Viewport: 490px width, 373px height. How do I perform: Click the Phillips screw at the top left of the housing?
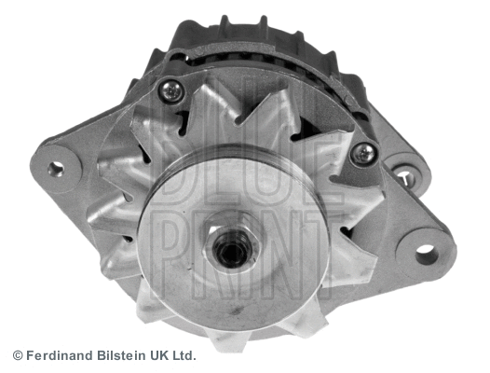(171, 90)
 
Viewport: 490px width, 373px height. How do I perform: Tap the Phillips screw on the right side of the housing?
(363, 154)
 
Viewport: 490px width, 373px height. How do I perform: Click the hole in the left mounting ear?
(56, 169)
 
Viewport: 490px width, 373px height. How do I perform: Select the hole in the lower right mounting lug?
(426, 252)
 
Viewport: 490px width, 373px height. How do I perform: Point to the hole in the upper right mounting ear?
(404, 175)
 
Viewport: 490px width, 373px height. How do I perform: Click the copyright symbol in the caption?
(17, 355)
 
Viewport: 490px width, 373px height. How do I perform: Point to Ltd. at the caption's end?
(184, 355)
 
